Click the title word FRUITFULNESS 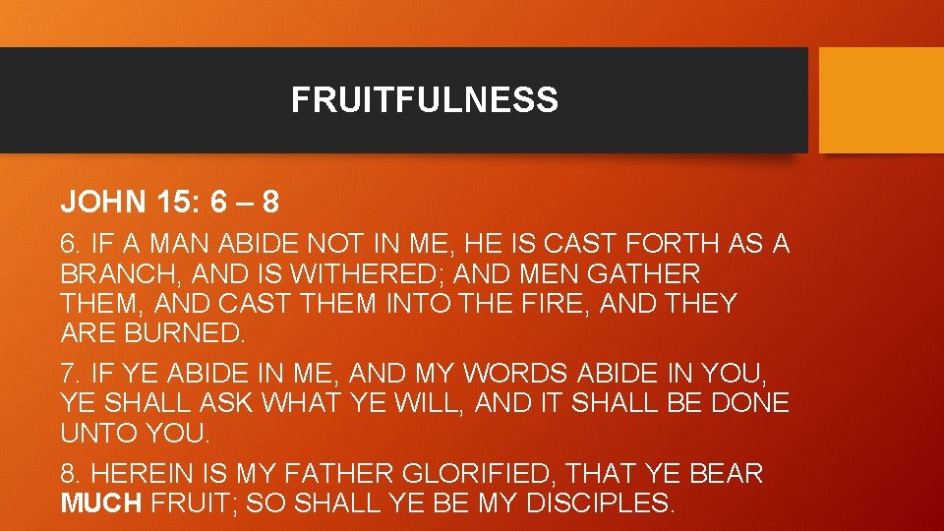424,99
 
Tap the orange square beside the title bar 881,100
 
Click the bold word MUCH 102,503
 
